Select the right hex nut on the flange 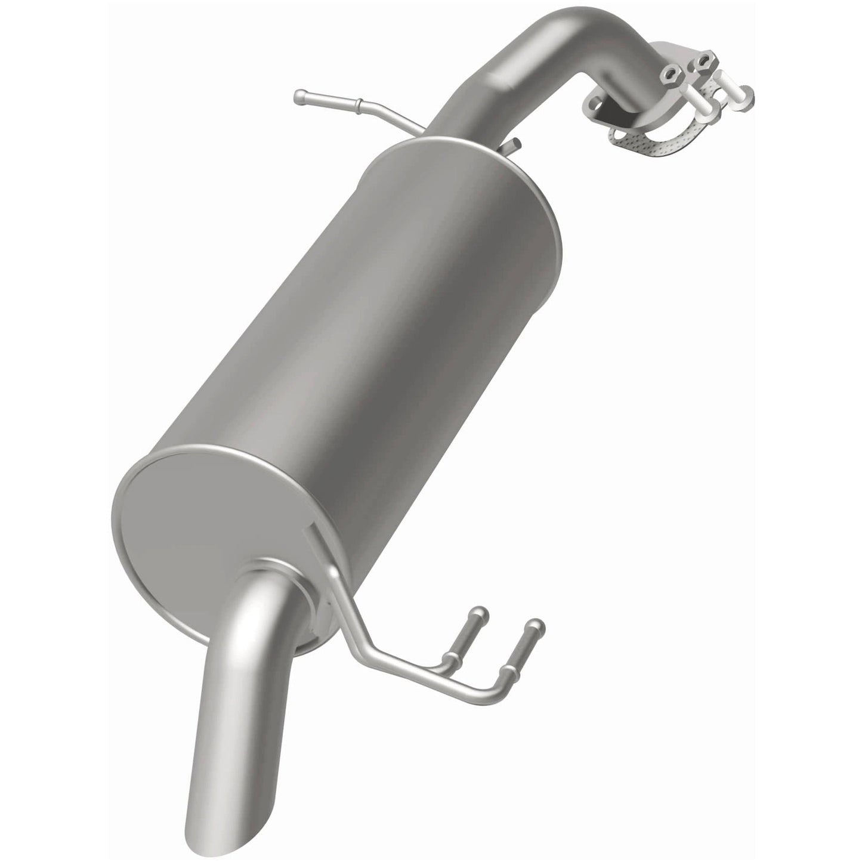(705, 60)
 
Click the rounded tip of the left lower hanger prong (480, 613)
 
